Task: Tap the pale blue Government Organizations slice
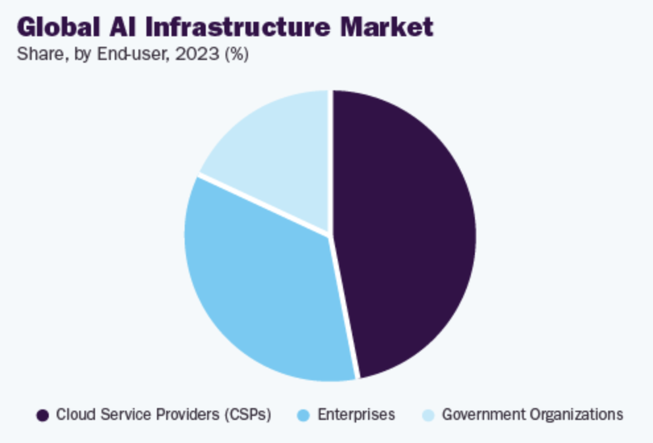coord(277,158)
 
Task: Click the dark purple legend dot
coord(43,415)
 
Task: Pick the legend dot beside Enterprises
coord(303,415)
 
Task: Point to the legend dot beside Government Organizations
coord(428,415)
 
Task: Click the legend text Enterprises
coord(356,415)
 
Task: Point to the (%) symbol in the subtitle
coord(236,55)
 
